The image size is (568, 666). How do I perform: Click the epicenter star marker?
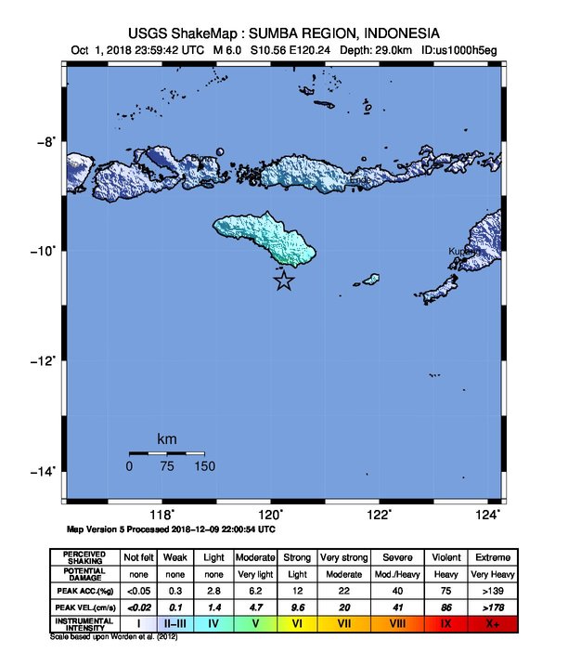point(285,281)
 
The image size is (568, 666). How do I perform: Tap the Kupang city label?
point(464,251)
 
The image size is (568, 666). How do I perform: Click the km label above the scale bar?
point(167,438)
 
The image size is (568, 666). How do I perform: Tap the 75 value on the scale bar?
point(167,466)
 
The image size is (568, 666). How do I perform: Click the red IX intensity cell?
point(445,623)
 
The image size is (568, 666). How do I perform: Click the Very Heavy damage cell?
point(493,574)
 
